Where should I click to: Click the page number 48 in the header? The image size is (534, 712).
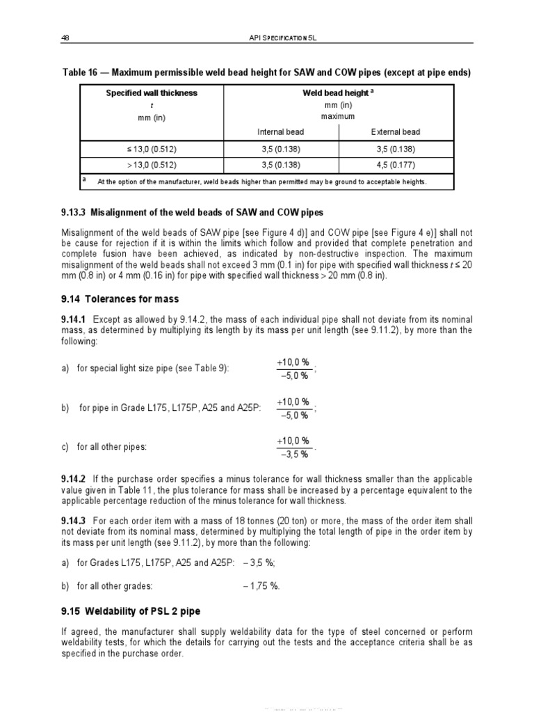point(66,38)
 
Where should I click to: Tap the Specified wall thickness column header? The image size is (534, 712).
point(151,93)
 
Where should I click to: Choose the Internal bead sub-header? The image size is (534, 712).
point(280,131)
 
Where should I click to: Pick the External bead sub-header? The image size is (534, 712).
point(396,131)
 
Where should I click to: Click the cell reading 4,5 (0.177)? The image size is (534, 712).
point(396,165)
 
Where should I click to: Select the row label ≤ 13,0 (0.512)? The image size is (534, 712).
point(151,149)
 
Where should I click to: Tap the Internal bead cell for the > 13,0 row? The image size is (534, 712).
point(280,165)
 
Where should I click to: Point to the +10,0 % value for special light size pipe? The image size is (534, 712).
point(293,363)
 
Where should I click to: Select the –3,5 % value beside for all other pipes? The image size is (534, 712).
point(293,454)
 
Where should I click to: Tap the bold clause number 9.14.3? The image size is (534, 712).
point(73,521)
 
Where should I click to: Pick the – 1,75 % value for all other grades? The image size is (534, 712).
point(261,586)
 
